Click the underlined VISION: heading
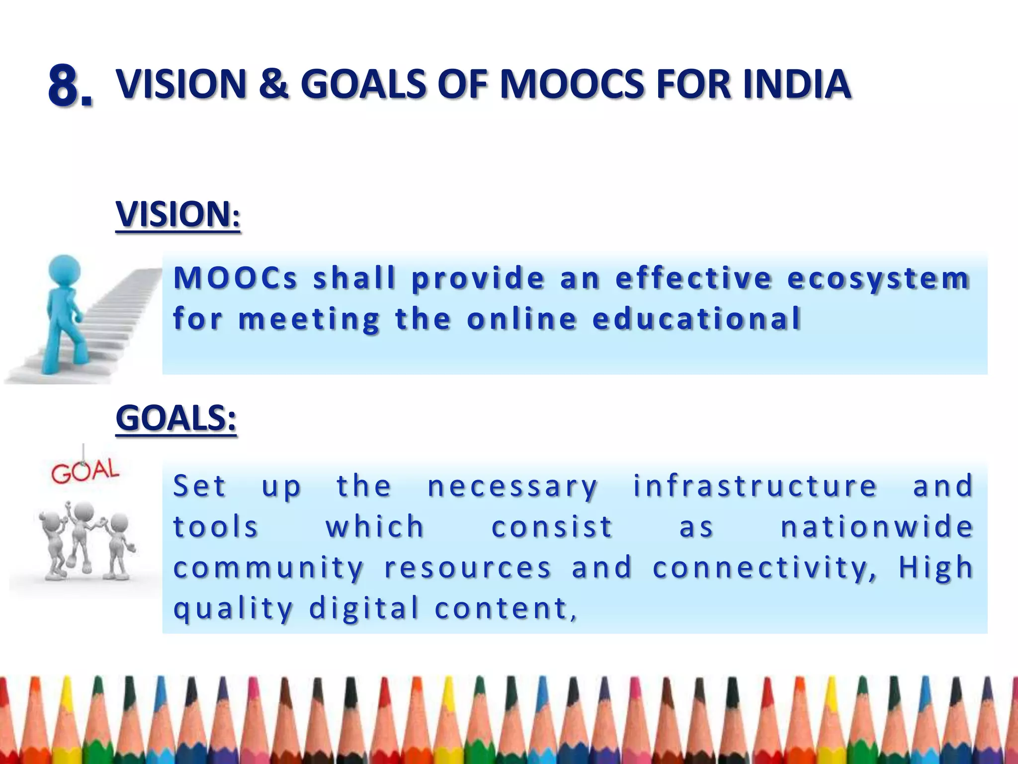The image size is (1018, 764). tap(178, 215)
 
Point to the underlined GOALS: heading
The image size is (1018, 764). tap(176, 418)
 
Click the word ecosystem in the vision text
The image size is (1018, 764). tap(878, 279)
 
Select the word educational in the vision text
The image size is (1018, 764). tap(696, 319)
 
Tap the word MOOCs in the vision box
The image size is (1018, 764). tap(235, 278)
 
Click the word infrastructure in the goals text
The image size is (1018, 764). tap(755, 486)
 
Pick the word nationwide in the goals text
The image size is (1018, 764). tap(876, 527)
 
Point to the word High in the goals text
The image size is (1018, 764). tap(935, 568)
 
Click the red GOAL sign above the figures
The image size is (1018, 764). tap(85, 471)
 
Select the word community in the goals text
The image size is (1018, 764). tap(268, 568)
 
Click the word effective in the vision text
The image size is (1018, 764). tap(693, 278)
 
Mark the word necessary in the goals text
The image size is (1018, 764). tap(512, 486)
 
